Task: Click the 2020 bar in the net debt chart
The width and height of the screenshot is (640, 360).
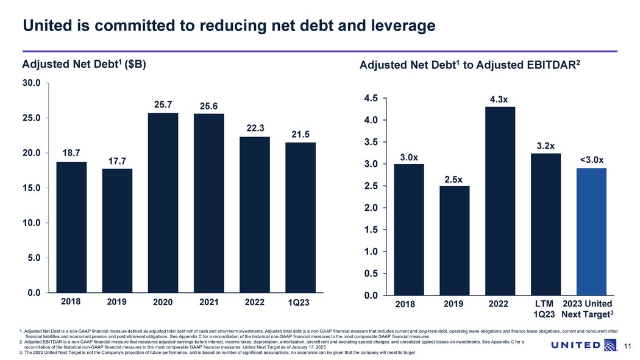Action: tap(163, 203)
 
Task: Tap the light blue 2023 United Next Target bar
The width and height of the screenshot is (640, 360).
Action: tap(591, 231)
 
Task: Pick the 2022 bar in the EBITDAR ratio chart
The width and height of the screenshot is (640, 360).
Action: tap(500, 201)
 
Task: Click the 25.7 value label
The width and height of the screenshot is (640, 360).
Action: tap(163, 105)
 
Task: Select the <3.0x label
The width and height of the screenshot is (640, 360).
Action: tap(591, 160)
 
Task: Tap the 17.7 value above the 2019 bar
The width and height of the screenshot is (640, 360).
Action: tap(117, 161)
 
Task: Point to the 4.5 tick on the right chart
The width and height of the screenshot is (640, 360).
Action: tap(371, 98)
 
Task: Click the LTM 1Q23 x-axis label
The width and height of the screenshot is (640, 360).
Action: tap(544, 309)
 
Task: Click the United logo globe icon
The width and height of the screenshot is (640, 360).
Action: tap(611, 346)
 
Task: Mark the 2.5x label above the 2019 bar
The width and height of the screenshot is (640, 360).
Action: tap(453, 179)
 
